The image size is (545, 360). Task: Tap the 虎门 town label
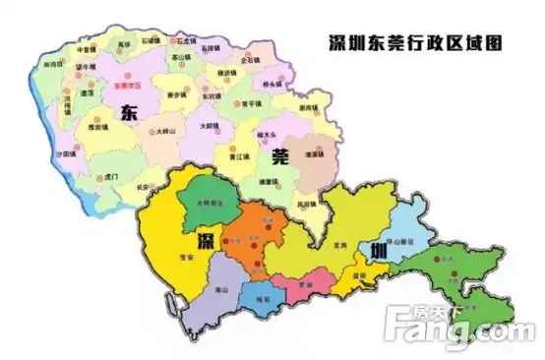[x=112, y=176]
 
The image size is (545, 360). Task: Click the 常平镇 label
[x=251, y=102]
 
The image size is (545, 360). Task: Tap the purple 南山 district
[x=220, y=292]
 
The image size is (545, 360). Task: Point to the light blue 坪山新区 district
[x=404, y=242]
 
